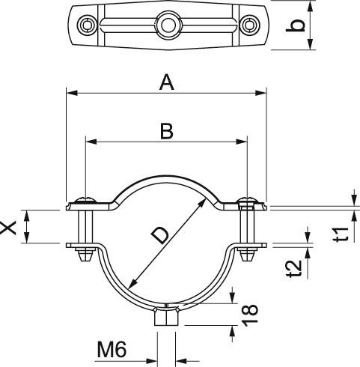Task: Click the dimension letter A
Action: click(x=166, y=83)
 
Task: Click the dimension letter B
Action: click(x=166, y=131)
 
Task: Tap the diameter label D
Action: click(x=160, y=236)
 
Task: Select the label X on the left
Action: click(x=8, y=227)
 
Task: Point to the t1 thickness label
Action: click(x=341, y=234)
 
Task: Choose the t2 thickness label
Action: click(x=294, y=269)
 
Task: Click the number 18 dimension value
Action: click(x=250, y=315)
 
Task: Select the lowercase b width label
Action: click(x=296, y=25)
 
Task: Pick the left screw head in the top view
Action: click(x=87, y=25)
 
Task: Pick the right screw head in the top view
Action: click(x=249, y=25)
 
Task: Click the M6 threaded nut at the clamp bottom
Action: click(x=167, y=315)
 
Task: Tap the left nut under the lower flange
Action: click(x=85, y=255)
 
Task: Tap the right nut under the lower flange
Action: click(x=248, y=255)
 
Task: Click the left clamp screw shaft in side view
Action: click(x=85, y=227)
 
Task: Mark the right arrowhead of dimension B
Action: click(x=241, y=142)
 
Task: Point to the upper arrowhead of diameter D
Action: click(x=201, y=204)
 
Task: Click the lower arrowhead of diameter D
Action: click(x=133, y=285)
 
